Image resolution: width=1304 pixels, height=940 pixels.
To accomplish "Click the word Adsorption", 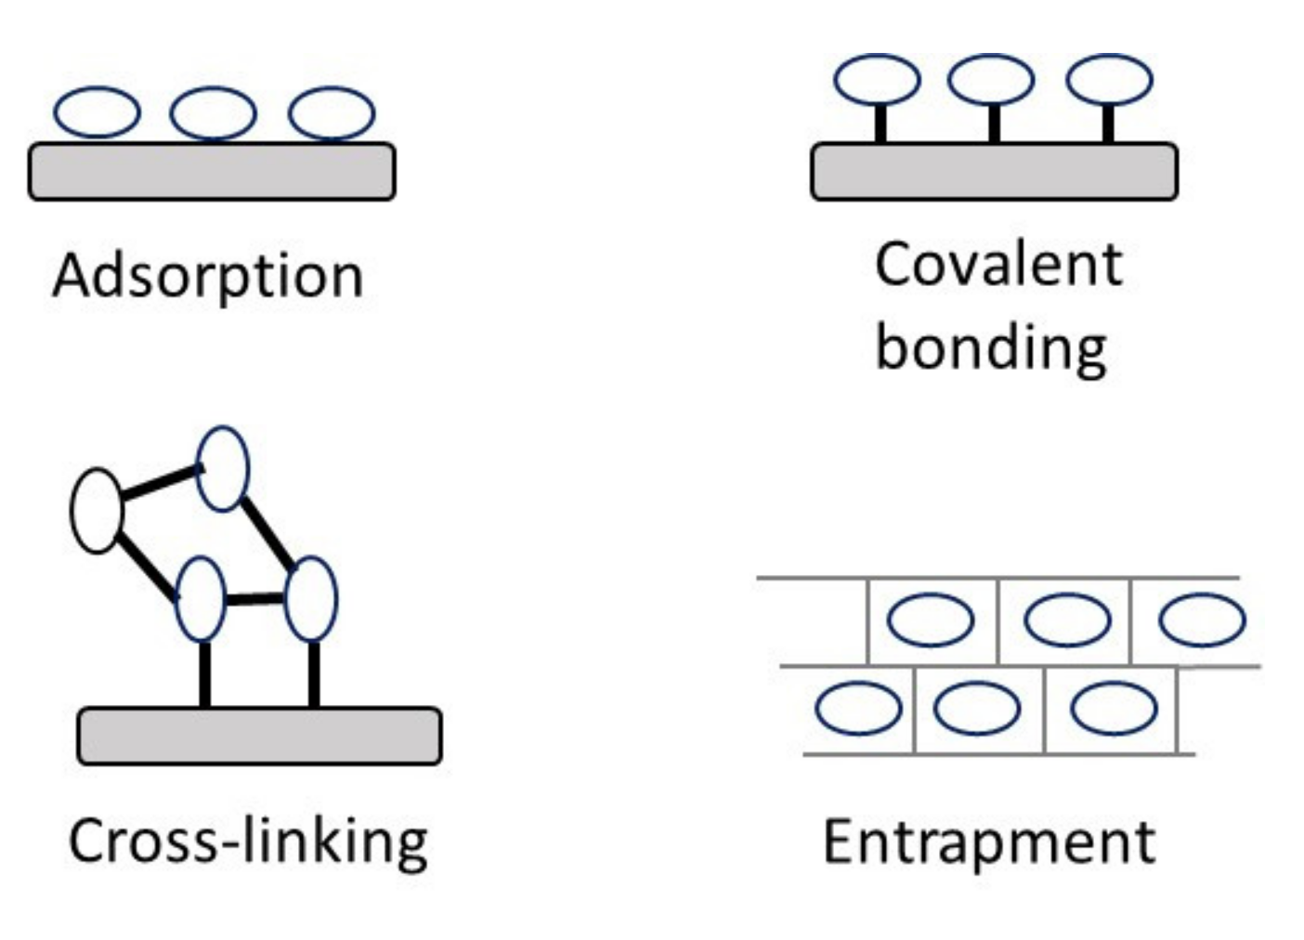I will tap(208, 277).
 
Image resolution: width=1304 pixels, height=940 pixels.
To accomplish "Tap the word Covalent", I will tap(998, 264).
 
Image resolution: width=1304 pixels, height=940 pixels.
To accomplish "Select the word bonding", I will tap(991, 348).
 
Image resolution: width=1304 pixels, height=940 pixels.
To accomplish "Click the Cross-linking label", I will tap(248, 842).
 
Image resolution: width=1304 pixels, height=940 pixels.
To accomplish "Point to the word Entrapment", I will tap(989, 842).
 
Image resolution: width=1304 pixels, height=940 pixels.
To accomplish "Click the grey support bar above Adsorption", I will tap(212, 172).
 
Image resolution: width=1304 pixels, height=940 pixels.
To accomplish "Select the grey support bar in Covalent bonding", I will tap(994, 172).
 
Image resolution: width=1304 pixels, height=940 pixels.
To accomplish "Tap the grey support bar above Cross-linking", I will tap(259, 737).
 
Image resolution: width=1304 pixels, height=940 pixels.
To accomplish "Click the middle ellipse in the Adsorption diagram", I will tap(213, 113).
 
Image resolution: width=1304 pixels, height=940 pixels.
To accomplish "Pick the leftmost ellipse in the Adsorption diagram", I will tap(97, 113).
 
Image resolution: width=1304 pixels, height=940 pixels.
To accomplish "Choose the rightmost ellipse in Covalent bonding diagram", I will tap(1110, 80).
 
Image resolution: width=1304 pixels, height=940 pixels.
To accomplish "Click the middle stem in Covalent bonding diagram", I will tap(995, 124).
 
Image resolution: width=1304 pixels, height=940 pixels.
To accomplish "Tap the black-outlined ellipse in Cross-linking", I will tap(97, 511).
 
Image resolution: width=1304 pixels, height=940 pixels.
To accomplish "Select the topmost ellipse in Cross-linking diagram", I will tap(223, 469).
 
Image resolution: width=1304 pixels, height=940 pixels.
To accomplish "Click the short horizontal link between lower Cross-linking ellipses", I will tap(254, 599).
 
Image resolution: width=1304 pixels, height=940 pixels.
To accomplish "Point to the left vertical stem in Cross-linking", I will tap(205, 674).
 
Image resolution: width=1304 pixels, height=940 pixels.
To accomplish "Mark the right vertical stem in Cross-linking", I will tap(314, 674).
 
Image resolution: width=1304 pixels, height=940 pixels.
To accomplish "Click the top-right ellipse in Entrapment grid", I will tap(1202, 620).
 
